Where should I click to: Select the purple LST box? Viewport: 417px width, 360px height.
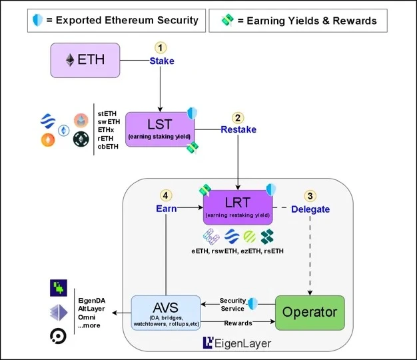[159, 129]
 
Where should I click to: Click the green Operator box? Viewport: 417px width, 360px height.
[309, 312]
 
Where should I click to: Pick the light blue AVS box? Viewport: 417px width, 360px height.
[166, 313]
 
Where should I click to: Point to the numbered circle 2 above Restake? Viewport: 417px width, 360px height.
[238, 117]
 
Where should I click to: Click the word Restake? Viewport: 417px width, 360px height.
[238, 129]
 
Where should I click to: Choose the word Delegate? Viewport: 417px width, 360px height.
[310, 209]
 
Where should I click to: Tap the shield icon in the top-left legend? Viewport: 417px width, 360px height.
[38, 20]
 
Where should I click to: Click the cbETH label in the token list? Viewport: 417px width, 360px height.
[109, 147]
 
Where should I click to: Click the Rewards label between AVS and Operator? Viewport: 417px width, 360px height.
[237, 323]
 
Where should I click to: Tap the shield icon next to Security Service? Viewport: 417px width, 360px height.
[253, 304]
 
